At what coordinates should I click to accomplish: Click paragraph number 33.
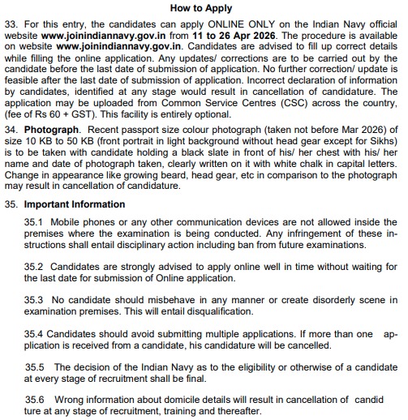tap(12, 24)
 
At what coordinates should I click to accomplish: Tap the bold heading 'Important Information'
tap(74, 205)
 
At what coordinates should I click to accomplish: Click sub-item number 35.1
tap(35, 221)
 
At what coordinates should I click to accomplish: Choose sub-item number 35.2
tap(35, 266)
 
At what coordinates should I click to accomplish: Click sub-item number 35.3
tap(35, 300)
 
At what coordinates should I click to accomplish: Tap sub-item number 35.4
tap(35, 333)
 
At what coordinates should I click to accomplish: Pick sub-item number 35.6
tap(35, 400)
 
